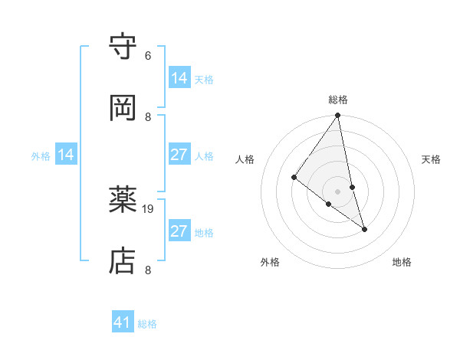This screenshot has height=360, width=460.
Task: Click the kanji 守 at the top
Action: (x=123, y=47)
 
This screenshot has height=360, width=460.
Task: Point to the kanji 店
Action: (x=123, y=261)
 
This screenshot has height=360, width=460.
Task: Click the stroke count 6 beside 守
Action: (x=148, y=56)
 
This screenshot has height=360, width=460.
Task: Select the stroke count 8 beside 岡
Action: (x=148, y=116)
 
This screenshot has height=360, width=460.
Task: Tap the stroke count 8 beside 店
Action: (x=148, y=270)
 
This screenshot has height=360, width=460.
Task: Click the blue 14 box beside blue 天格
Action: (x=179, y=78)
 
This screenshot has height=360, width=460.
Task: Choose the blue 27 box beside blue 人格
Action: (x=179, y=155)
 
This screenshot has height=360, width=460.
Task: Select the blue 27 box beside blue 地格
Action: (x=179, y=231)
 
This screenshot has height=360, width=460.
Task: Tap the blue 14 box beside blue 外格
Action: (x=67, y=155)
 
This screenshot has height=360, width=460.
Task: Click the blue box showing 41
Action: (x=123, y=322)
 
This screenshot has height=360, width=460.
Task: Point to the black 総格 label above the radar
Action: (x=338, y=100)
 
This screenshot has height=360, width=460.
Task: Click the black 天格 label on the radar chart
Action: (x=432, y=159)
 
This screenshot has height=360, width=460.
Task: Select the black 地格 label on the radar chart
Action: (x=402, y=263)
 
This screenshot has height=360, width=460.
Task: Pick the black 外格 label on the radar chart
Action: (x=270, y=263)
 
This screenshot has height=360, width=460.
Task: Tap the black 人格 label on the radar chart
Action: (x=245, y=159)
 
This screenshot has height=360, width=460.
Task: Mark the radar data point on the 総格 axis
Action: (x=338, y=116)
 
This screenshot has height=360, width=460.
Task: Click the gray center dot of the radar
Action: (x=338, y=191)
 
